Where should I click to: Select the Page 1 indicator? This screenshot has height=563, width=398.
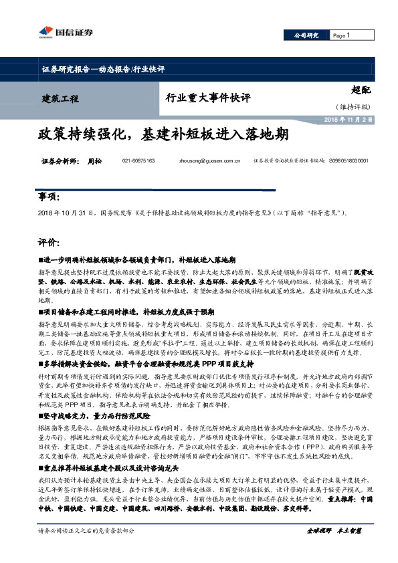(342, 35)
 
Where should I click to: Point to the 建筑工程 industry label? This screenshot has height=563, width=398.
(60, 99)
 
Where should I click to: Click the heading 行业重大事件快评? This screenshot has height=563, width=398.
(208, 98)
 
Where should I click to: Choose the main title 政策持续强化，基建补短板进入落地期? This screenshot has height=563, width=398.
(163, 134)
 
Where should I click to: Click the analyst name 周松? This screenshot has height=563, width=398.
(94, 162)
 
